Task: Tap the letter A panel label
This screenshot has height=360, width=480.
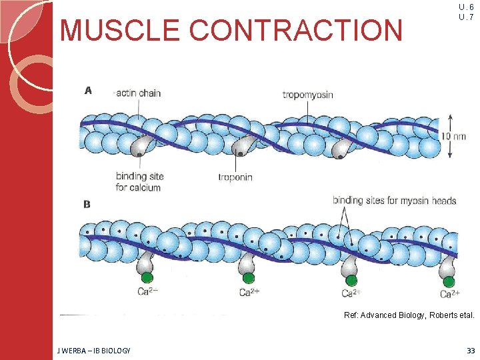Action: coord(87,91)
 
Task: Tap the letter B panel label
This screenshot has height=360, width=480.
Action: coord(87,204)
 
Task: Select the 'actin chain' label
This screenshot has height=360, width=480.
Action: coord(138,93)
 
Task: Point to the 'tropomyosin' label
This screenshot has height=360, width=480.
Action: coord(307,95)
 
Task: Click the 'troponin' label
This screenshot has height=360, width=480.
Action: coord(235,177)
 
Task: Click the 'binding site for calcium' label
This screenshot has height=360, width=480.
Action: coord(139,181)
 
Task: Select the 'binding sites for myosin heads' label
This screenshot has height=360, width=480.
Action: coord(394,200)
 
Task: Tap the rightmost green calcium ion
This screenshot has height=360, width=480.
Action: coord(449,281)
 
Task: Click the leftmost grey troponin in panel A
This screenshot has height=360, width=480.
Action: coord(141,146)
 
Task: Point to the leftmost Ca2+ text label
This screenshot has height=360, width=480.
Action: coord(147,291)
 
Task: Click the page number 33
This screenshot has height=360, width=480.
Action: coord(471,351)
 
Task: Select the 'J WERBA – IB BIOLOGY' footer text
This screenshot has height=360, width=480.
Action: coord(95,351)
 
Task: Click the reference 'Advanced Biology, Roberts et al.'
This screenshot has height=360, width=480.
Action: coord(409,315)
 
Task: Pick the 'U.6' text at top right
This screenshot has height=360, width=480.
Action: coord(466,7)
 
